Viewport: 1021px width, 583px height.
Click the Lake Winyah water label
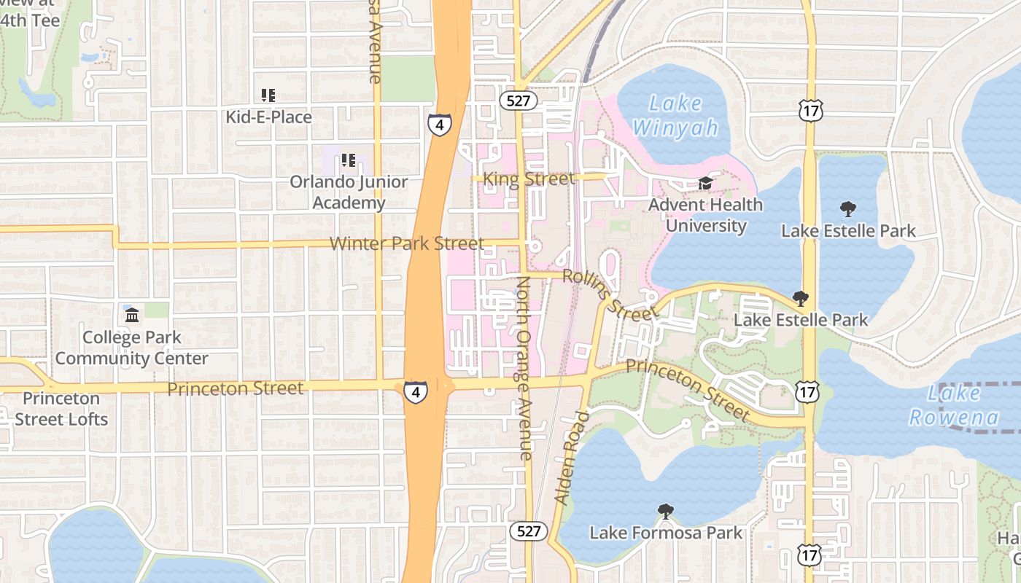675,115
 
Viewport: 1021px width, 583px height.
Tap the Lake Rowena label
954,405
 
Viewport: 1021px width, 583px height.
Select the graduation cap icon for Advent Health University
705,184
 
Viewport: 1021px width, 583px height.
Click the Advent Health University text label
705,215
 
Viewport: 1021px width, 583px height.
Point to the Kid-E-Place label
268,117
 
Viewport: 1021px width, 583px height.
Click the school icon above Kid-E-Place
268,95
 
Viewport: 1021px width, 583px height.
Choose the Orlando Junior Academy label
349,192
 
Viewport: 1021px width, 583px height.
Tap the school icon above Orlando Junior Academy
349,160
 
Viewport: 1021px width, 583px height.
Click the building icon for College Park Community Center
132,316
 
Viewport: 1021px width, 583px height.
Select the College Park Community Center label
132,348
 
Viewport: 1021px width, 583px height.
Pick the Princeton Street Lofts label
61,409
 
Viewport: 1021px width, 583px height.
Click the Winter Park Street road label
406,243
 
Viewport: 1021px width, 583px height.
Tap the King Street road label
529,179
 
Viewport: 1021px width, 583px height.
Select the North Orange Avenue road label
525,367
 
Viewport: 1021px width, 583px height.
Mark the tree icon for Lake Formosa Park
665,512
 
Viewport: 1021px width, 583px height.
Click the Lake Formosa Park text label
665,533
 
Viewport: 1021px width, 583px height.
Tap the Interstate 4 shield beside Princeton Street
416,392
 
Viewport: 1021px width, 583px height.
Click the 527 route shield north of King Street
519,101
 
